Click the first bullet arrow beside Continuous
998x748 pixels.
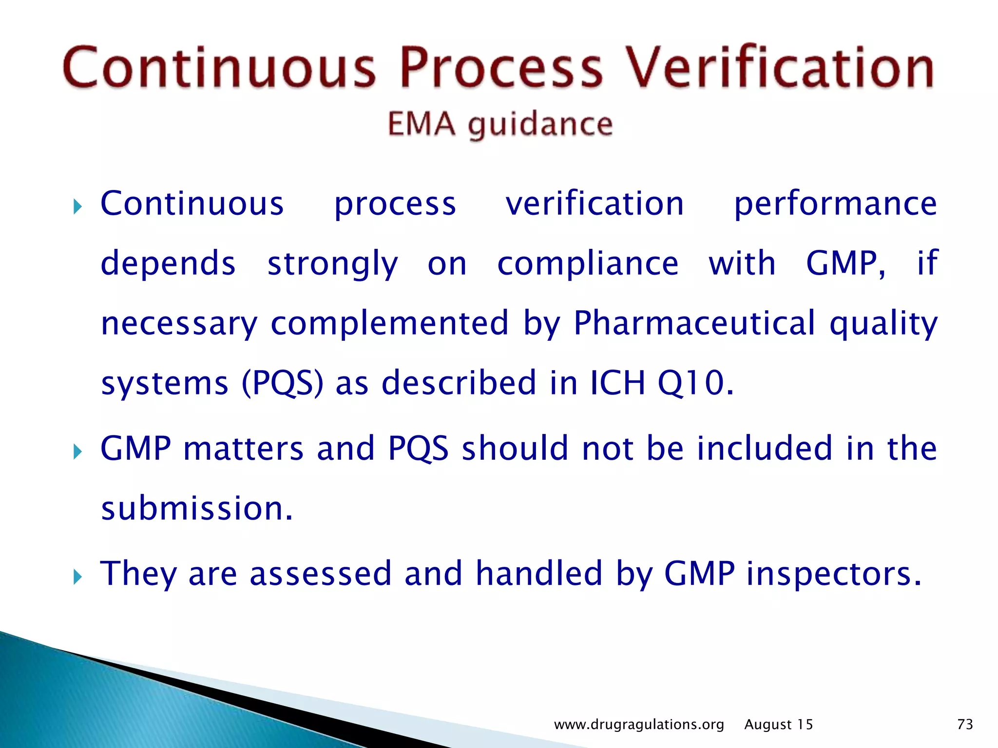(77, 207)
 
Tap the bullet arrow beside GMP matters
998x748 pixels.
(77, 451)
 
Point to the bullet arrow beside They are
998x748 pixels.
(77, 577)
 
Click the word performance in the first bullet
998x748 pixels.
(835, 204)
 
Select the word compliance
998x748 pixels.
(588, 263)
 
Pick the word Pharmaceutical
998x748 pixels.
(694, 323)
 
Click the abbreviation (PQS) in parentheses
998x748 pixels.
(283, 383)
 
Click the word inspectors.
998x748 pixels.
(834, 574)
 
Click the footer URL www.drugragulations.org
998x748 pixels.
(639, 725)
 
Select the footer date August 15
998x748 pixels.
(779, 725)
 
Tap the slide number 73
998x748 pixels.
(965, 725)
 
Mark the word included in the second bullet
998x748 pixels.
(764, 448)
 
